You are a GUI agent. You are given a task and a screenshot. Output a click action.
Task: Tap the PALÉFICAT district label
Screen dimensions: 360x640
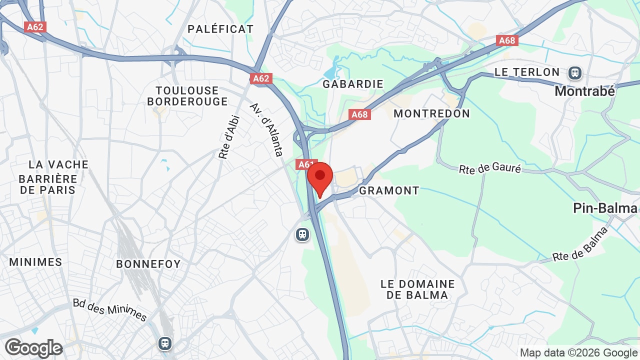coord(220,29)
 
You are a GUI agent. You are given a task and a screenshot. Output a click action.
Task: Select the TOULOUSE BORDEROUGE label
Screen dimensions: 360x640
coord(187,96)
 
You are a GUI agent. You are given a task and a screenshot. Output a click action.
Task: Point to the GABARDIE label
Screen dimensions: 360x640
coord(353,84)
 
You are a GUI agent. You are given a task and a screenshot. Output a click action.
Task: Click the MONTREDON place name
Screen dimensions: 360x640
coord(431,113)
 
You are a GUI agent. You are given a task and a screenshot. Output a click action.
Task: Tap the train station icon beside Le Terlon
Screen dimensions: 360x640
coord(575,73)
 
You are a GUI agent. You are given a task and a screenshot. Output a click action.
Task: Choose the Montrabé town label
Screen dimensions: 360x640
coord(584,91)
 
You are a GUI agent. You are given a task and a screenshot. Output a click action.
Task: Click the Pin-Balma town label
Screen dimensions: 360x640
coord(605,208)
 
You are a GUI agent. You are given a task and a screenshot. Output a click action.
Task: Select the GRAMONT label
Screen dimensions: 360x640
coord(389,190)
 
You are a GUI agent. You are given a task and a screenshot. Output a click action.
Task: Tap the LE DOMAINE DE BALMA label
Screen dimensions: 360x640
coord(417,289)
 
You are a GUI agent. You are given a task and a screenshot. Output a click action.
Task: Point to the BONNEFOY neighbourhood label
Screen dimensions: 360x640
coord(148,264)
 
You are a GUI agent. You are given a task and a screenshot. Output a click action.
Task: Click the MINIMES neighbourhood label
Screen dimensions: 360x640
coord(35,262)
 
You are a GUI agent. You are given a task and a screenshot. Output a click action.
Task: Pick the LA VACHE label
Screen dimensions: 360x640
coord(58,164)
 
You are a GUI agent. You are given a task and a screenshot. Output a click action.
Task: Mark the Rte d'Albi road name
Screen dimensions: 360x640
coord(229,137)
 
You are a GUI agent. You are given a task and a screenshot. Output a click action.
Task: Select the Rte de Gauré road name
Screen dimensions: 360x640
coord(490,169)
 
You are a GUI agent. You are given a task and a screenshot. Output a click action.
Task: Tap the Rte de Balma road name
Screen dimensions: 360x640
coord(580,244)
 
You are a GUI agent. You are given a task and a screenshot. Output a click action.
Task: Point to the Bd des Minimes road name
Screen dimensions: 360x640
coord(109,310)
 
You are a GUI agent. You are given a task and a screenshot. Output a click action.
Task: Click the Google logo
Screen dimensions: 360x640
coord(33,348)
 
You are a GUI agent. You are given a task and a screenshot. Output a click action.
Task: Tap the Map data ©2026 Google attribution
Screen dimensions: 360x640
coord(578,353)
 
